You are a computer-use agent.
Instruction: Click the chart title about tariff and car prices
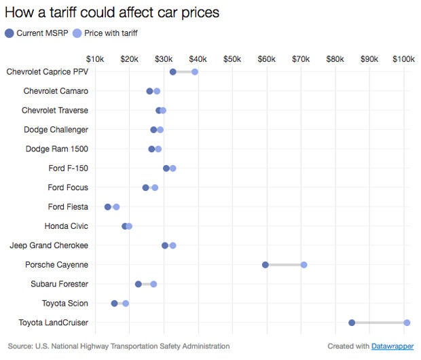(x=112, y=13)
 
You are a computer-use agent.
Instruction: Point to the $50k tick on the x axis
(x=232, y=59)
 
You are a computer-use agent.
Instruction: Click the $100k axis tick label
(x=403, y=59)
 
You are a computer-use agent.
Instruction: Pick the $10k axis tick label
(x=95, y=59)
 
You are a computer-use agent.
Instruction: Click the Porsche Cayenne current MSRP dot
(x=266, y=265)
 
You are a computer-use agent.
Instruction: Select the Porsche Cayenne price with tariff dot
(x=304, y=265)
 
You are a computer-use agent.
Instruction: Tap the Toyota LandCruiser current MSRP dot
(x=352, y=323)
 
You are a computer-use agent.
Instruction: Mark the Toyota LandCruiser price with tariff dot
(x=407, y=323)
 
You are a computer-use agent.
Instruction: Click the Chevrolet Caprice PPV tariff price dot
(x=195, y=72)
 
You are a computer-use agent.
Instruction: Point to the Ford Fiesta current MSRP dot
(x=108, y=206)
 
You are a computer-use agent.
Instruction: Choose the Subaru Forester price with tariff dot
(x=153, y=284)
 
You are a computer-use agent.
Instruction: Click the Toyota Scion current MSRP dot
(x=114, y=304)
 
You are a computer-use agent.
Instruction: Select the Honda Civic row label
(x=66, y=226)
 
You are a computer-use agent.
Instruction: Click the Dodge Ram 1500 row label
(x=56, y=149)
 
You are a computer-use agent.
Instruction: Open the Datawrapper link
(x=392, y=346)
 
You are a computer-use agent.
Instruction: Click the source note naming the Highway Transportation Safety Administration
(x=119, y=346)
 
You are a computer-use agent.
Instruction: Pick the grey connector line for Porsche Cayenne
(x=285, y=265)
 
